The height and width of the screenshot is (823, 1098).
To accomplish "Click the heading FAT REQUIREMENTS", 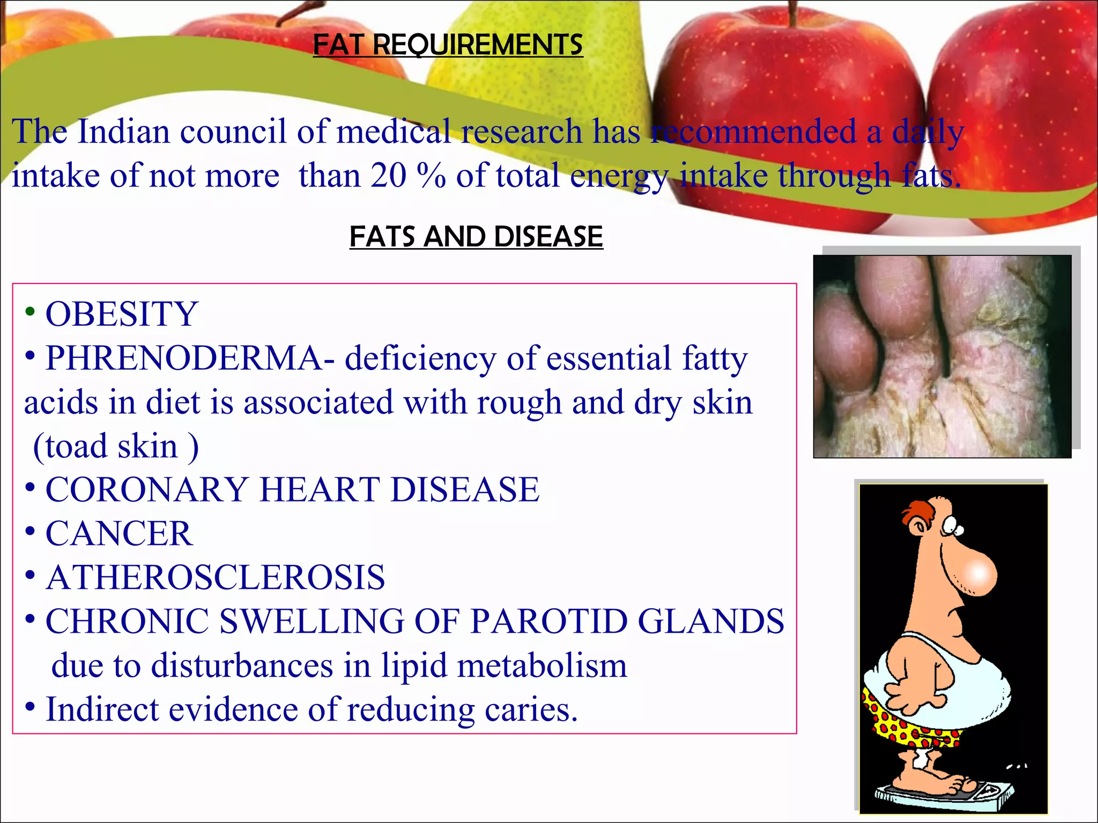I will tap(448, 44).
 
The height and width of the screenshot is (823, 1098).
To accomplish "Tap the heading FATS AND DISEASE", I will tap(476, 237).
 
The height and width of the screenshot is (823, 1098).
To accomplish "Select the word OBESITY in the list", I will tap(122, 314).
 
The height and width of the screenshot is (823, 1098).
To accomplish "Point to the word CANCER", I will tap(119, 534).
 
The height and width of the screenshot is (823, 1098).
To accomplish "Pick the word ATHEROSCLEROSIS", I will tap(216, 578).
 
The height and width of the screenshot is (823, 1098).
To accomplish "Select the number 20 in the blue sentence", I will tap(388, 176).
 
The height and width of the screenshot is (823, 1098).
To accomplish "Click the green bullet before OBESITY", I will tap(30, 311).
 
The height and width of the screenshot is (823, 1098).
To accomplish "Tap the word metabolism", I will tap(541, 665).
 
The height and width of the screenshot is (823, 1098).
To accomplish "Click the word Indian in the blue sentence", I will tap(123, 131).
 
